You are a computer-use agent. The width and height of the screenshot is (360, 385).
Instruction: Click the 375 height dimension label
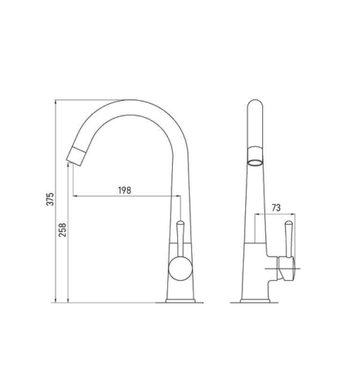click(x=50, y=199)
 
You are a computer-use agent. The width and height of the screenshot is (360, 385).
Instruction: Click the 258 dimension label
click(x=62, y=229)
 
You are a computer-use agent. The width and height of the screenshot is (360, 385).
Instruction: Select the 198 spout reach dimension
click(x=125, y=190)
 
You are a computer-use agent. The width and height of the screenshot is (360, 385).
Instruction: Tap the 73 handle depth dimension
click(x=276, y=208)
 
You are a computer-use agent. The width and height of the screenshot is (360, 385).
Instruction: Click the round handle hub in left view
click(x=180, y=269)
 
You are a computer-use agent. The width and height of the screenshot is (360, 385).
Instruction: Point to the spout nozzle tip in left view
click(x=75, y=156)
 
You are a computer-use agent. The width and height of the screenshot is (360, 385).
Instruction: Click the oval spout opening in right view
click(x=255, y=162)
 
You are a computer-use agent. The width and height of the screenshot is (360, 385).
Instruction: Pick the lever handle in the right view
click(x=289, y=239)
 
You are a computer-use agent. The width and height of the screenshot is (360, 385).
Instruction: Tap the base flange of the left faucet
click(x=180, y=301)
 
